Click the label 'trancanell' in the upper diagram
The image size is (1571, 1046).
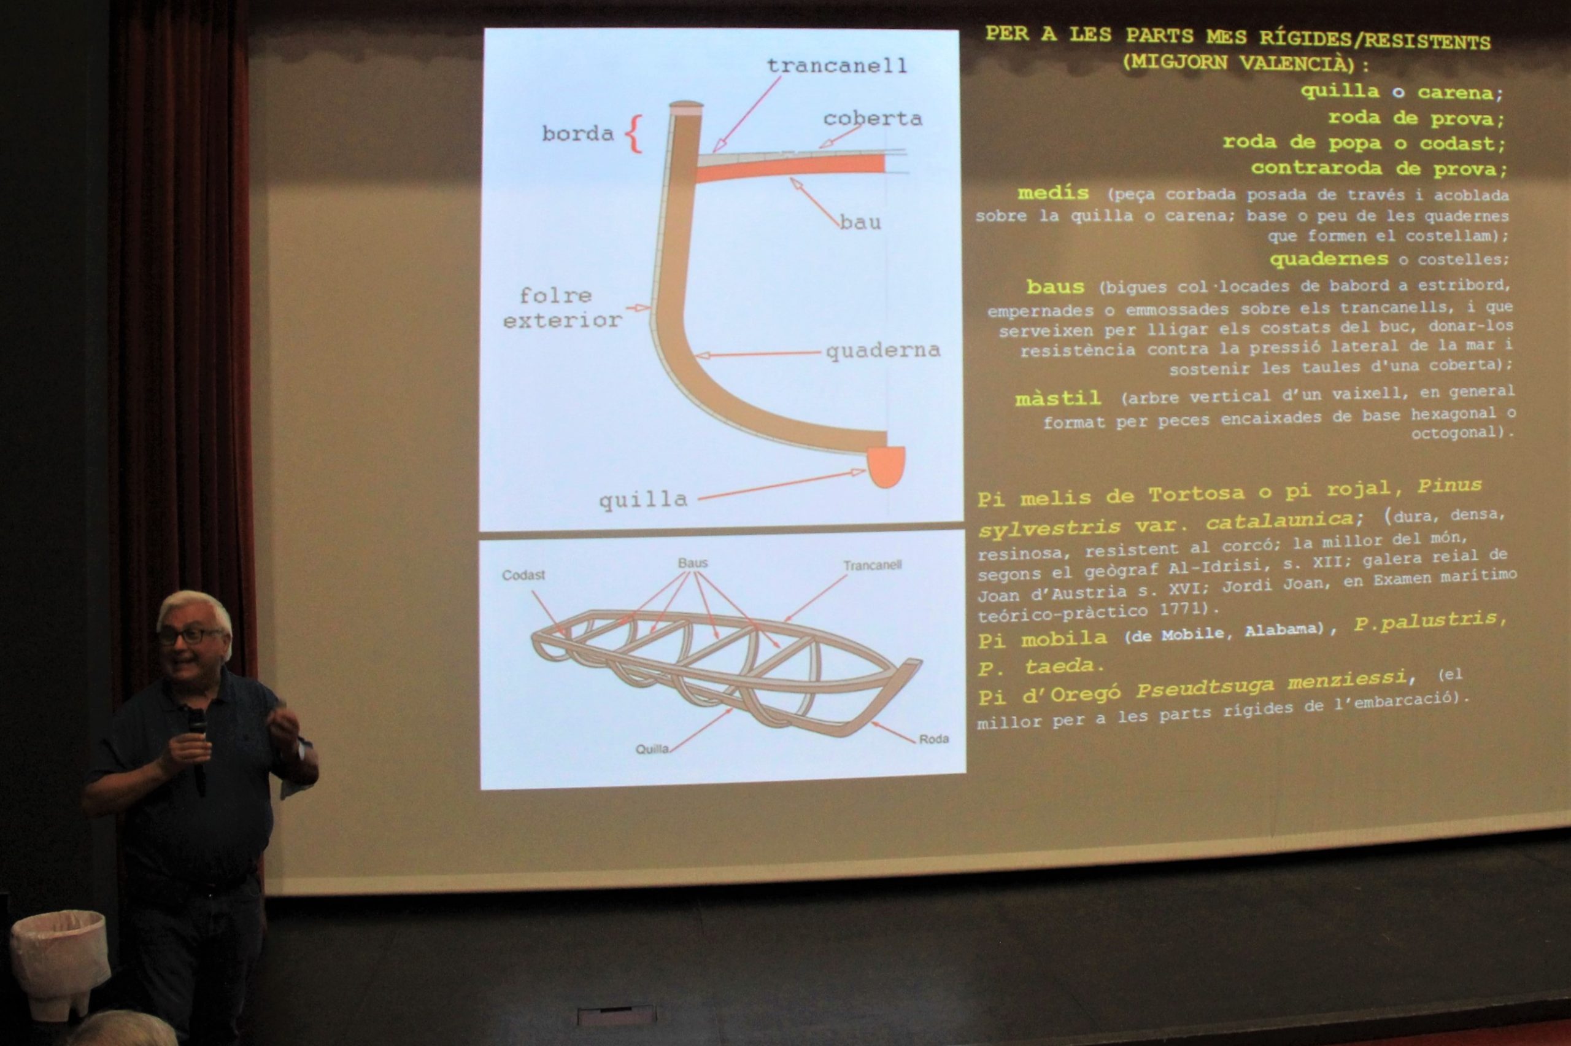click(x=837, y=65)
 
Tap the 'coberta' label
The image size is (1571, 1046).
click(x=872, y=118)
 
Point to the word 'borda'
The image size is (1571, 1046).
click(x=577, y=133)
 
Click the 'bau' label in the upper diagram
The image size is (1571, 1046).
click(x=860, y=222)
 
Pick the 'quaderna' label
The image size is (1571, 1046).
click(x=883, y=351)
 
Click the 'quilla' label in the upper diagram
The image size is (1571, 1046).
click(x=643, y=499)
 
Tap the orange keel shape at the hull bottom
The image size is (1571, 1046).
click(x=886, y=467)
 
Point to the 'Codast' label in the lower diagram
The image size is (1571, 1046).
click(x=523, y=575)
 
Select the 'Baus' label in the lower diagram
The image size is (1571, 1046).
click(x=693, y=563)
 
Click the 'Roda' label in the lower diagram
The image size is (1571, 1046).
click(x=933, y=739)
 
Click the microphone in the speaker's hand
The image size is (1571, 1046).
click(x=198, y=751)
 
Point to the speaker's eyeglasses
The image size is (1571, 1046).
click(x=191, y=636)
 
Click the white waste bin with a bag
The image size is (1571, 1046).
click(x=60, y=955)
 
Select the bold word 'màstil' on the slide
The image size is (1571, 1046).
click(x=1057, y=399)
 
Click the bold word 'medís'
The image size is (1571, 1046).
click(x=1053, y=193)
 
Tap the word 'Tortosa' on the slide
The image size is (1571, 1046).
click(x=1196, y=494)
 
